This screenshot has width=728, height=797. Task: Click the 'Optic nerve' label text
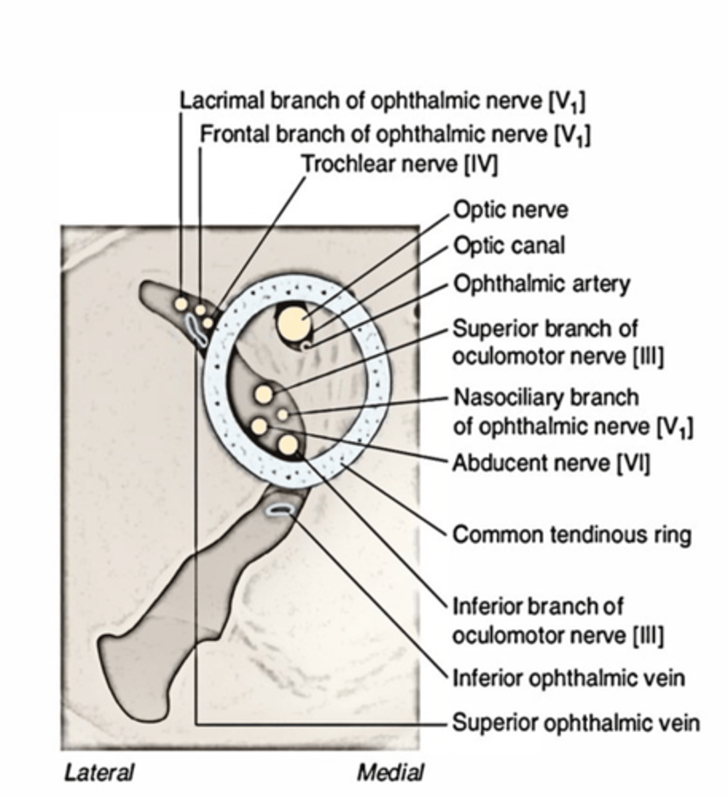(510, 211)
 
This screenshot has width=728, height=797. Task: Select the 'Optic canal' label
(509, 246)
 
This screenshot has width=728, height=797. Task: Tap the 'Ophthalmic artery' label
(541, 284)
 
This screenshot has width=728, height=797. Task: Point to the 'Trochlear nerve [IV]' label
(399, 163)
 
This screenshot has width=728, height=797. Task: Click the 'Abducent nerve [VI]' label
(551, 462)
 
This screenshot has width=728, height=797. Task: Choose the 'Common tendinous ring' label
(571, 534)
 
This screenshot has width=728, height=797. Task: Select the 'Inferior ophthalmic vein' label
(568, 678)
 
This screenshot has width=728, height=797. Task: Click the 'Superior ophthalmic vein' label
(575, 722)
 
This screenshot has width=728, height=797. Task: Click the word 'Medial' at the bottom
(390, 772)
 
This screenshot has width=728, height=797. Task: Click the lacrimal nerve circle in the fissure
(180, 304)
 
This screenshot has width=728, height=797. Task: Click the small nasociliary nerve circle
(283, 414)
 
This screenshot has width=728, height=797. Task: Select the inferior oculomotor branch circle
(288, 445)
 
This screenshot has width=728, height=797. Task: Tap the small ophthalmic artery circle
(306, 346)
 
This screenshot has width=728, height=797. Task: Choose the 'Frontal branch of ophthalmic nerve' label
(395, 134)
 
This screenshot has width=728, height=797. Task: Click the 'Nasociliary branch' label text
(545, 397)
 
